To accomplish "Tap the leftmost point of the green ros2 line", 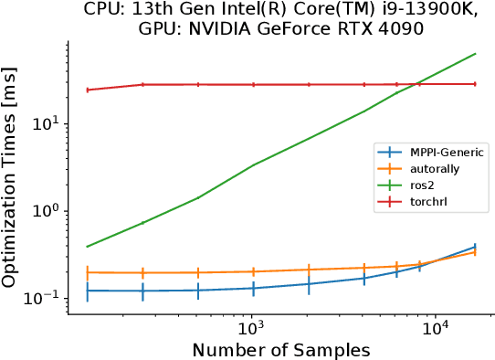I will [x=87, y=246].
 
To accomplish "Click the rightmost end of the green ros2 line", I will [x=476, y=53].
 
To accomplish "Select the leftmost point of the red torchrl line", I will [x=87, y=90].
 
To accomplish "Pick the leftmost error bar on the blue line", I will [x=87, y=291].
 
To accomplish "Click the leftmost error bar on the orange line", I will [x=87, y=272].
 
